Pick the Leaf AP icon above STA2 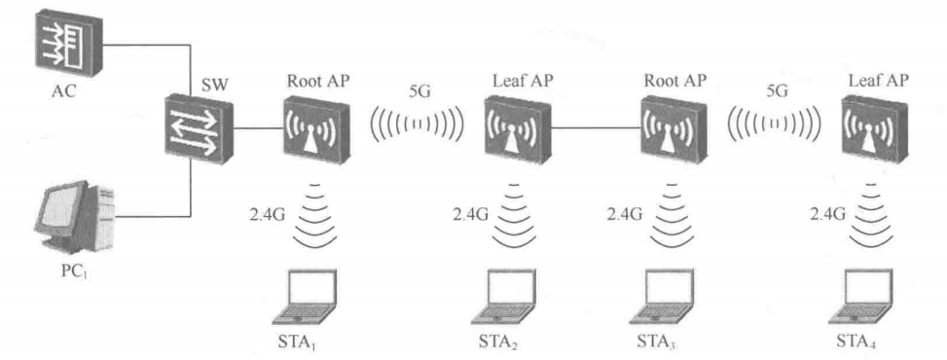point(512,127)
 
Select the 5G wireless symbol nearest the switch point(415,126)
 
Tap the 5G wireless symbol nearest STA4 point(774,126)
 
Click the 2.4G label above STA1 point(265,213)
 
